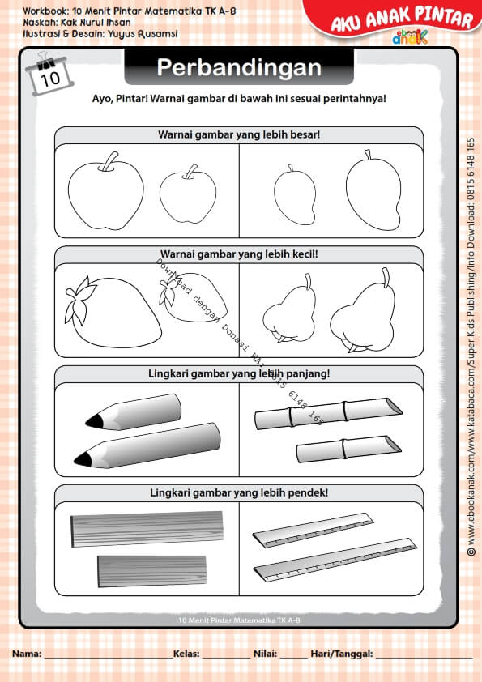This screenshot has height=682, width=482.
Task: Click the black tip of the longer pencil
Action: click(x=83, y=459)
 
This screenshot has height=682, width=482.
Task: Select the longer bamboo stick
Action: click(x=327, y=414)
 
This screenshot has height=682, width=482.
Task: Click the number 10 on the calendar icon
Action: click(x=50, y=79)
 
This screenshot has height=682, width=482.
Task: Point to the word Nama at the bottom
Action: click(x=26, y=653)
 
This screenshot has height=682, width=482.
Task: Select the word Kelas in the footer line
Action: click(x=186, y=653)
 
